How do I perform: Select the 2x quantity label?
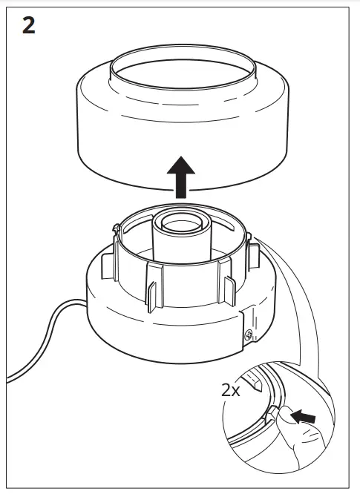click(232, 389)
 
